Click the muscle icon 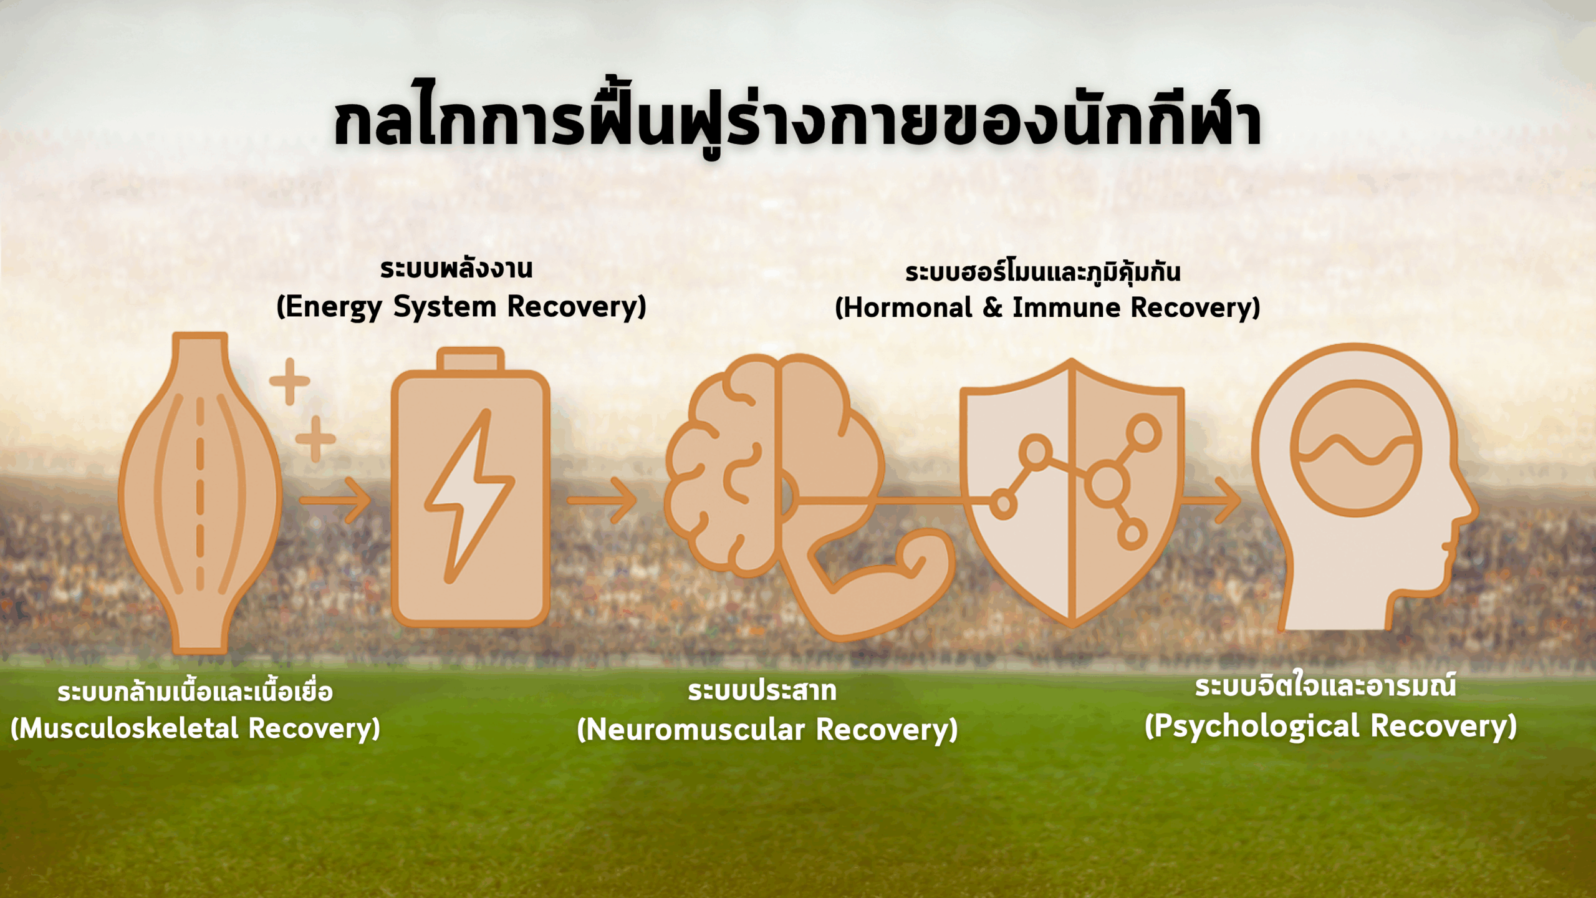[x=200, y=493]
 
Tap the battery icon [x=471, y=487]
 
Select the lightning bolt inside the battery [x=469, y=496]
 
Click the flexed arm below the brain [x=873, y=580]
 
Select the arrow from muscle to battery [x=335, y=500]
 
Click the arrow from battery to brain [x=602, y=500]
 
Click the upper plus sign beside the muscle [x=289, y=381]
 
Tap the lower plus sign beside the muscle [x=315, y=438]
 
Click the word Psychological [x=1257, y=727]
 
